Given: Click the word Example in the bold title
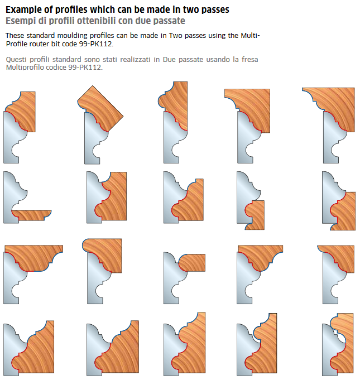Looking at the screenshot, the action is [23, 9].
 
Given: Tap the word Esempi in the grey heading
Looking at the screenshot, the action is [20, 21].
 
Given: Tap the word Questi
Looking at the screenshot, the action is [16, 60].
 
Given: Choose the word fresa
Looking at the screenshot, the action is [249, 60].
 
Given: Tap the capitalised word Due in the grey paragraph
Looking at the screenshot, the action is [169, 60].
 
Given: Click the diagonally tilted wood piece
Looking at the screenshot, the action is [100, 108].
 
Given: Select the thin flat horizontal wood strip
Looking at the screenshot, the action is [31, 215].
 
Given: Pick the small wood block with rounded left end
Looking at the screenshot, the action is [192, 263].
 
